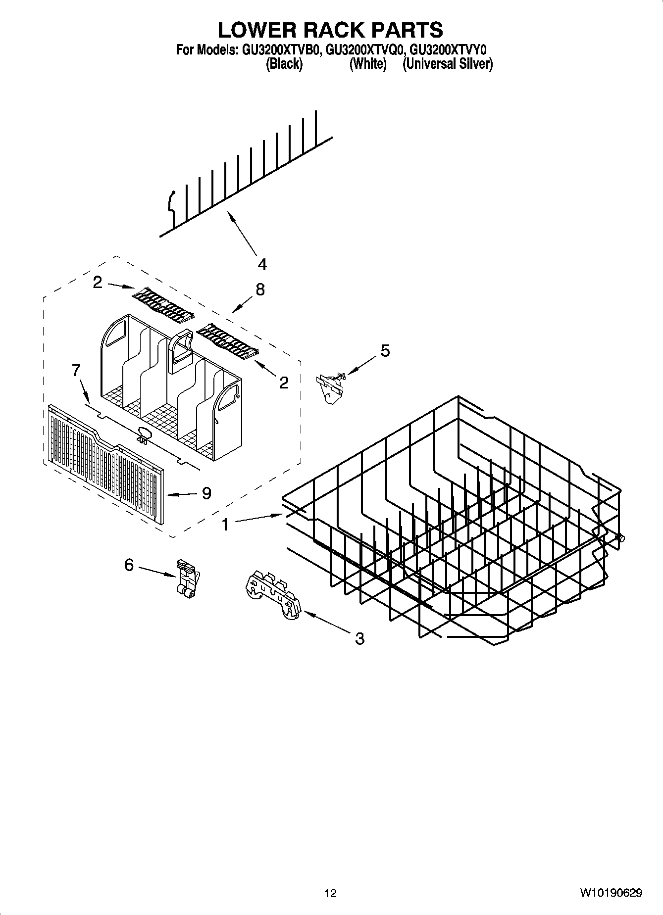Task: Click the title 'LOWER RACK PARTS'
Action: coord(330,30)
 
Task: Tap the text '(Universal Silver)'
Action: coord(447,64)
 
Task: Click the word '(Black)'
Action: coord(284,64)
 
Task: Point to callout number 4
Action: coord(262,264)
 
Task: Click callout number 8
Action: coord(260,289)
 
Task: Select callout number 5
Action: coord(385,350)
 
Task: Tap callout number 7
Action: coord(76,370)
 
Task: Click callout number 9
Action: coord(206,493)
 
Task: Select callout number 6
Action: coord(129,564)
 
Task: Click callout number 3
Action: coord(359,638)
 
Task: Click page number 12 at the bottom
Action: coord(330,893)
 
